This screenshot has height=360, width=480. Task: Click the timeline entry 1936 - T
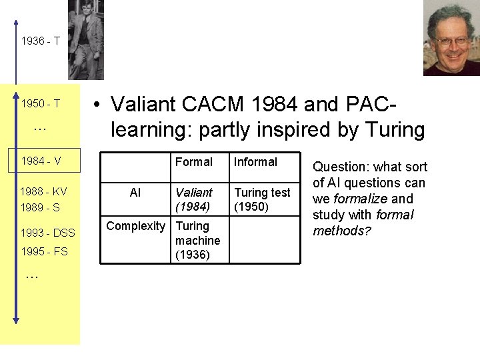tap(41, 41)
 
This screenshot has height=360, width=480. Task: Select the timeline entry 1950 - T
tap(41, 104)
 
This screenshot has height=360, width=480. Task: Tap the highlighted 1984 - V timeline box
tap(41, 161)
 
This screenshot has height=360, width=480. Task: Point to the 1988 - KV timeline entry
tap(44, 191)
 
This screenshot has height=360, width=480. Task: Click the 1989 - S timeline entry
tap(41, 207)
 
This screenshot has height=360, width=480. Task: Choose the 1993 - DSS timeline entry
tap(48, 233)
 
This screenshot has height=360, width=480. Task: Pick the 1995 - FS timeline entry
tap(44, 251)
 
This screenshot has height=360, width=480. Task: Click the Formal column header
tap(193, 162)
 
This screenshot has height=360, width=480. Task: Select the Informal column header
tap(255, 162)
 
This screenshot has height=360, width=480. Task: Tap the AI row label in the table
tap(135, 193)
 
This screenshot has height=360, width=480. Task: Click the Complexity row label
tap(135, 226)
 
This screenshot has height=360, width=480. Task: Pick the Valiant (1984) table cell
tap(194, 199)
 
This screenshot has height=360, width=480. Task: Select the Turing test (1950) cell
tap(262, 199)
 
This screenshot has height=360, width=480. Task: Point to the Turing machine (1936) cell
tap(197, 240)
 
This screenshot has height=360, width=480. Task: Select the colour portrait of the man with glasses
tap(451, 39)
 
